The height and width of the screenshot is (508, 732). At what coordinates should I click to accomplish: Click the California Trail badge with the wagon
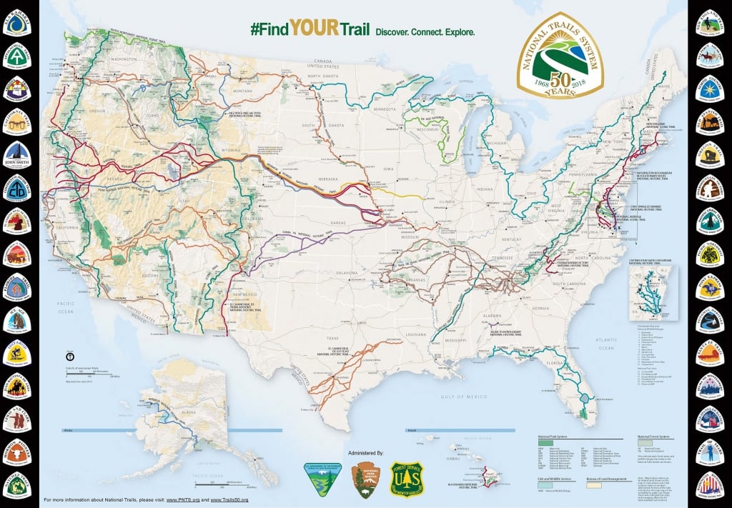coord(18,119)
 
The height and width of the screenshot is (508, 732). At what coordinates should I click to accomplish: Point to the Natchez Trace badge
coord(18,486)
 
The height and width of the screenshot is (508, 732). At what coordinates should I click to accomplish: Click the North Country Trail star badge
coord(714,89)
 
